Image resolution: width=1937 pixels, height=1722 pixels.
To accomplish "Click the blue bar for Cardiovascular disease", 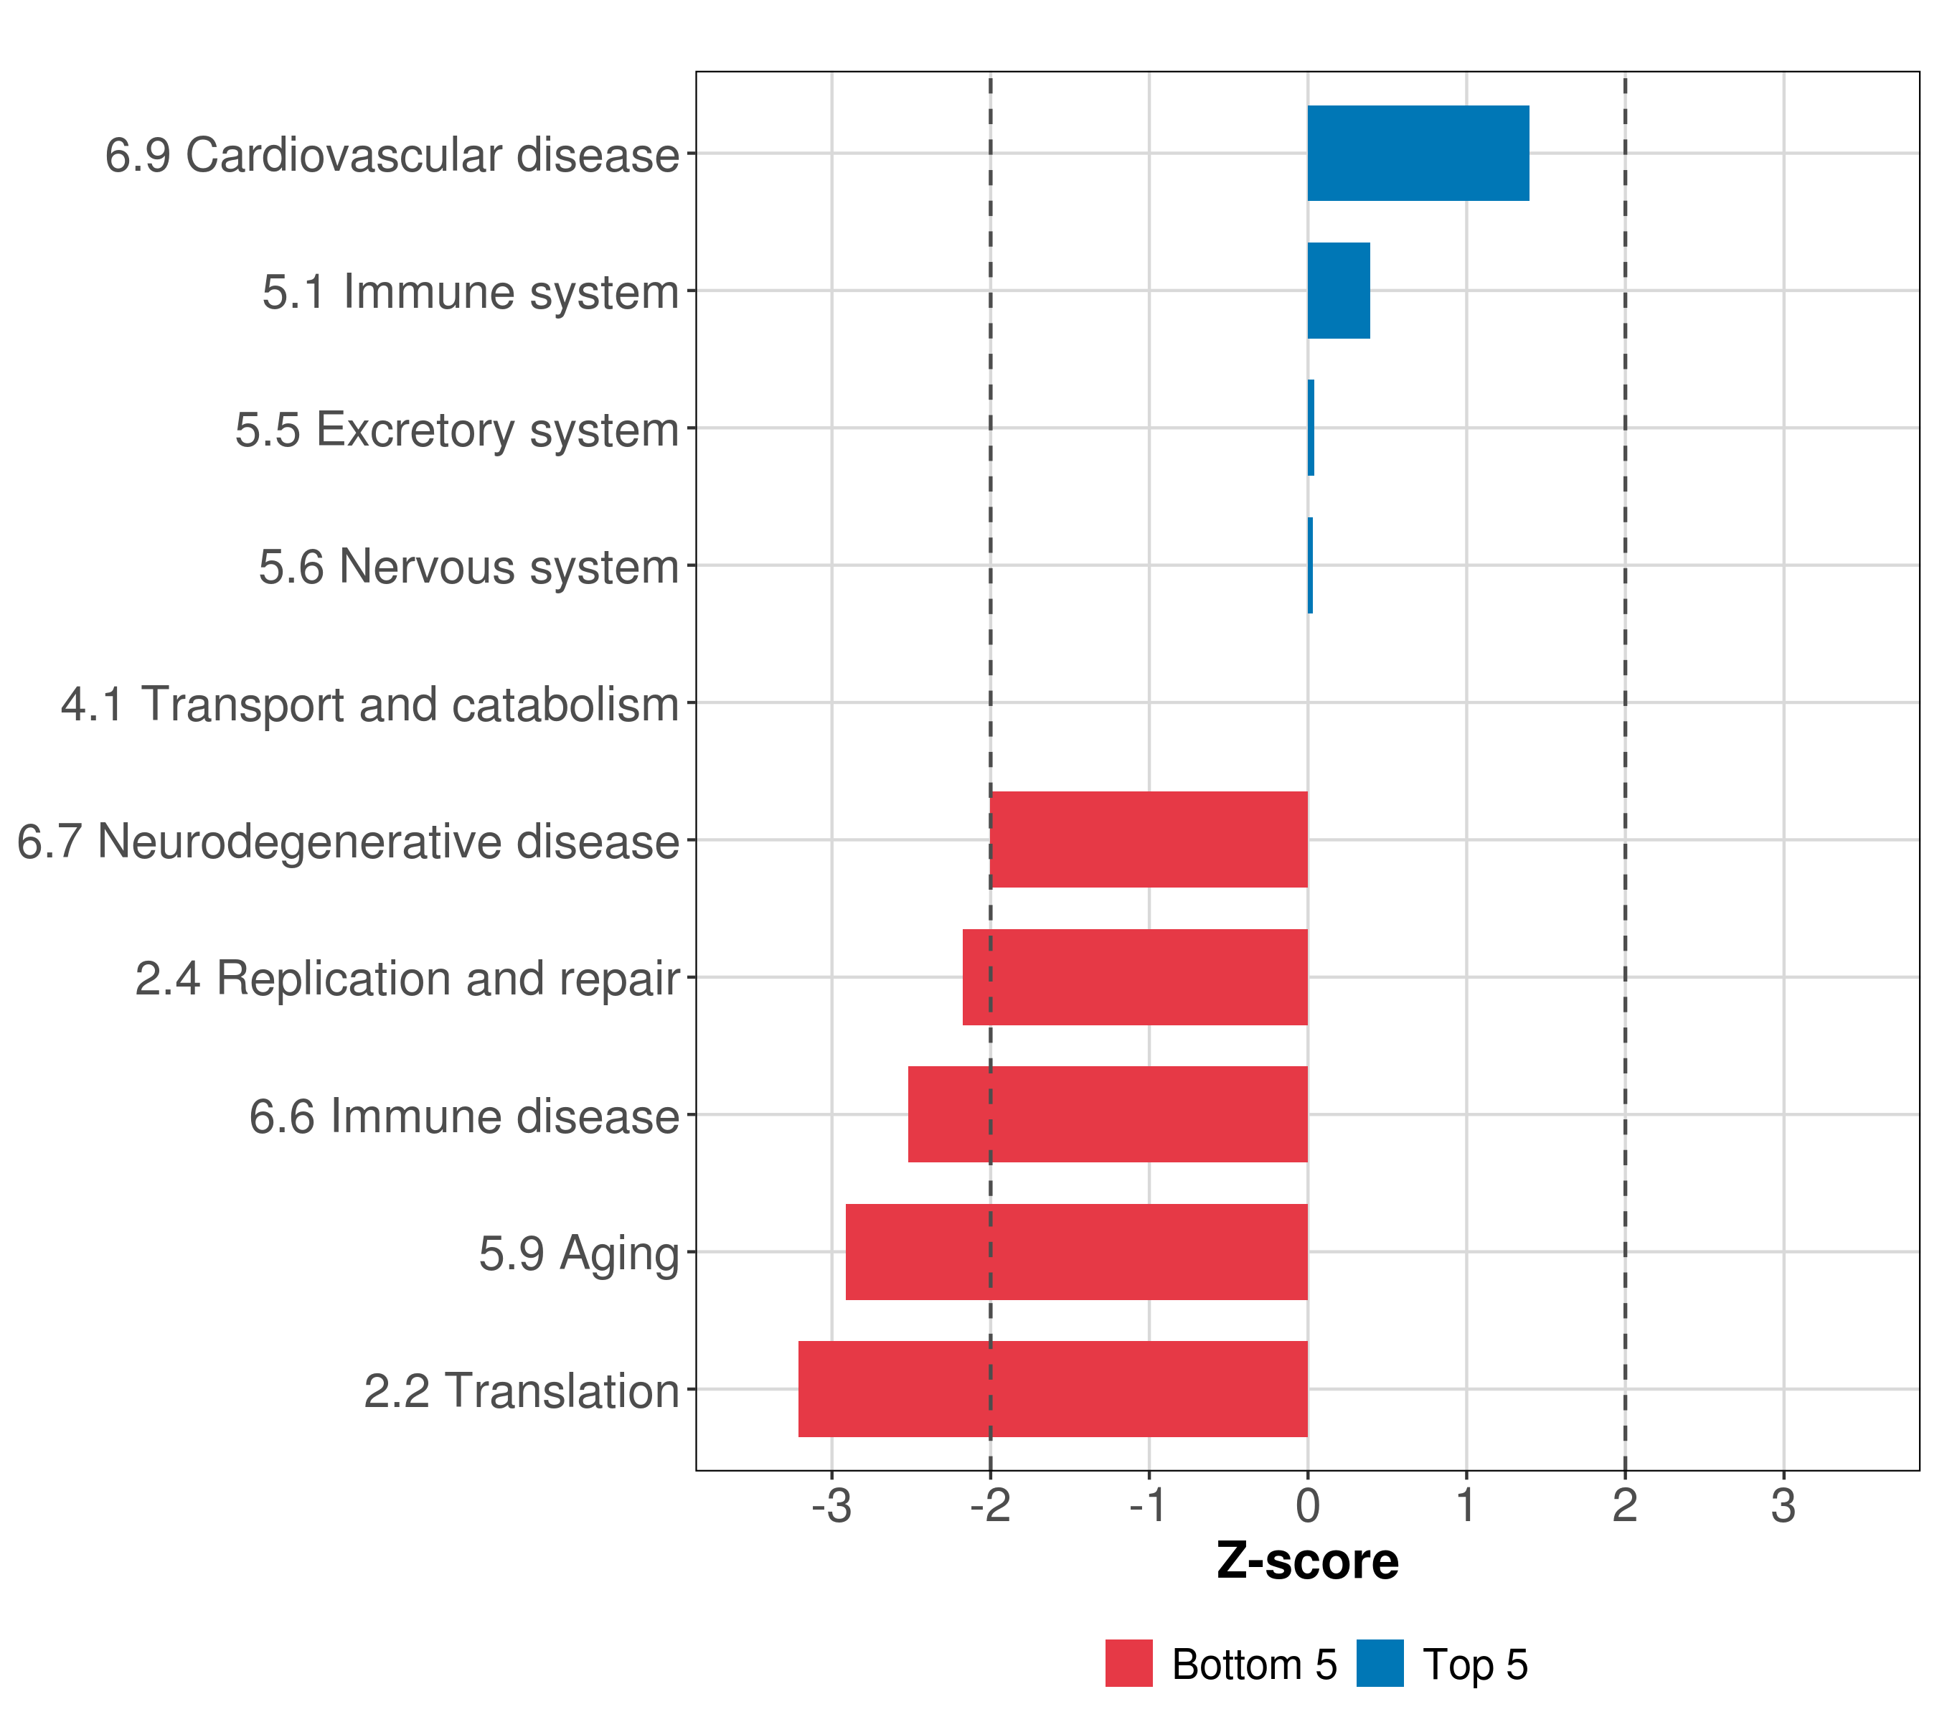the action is (x=1418, y=154).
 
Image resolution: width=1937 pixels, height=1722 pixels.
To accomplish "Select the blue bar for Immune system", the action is (x=1338, y=291).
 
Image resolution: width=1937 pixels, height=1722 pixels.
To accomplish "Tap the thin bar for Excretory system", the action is (x=1311, y=428).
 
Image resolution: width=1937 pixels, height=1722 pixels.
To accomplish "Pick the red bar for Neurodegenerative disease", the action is (x=1149, y=839).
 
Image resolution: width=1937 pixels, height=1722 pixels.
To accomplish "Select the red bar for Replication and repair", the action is (x=1135, y=977).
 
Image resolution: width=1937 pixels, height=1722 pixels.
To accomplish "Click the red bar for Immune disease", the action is (x=1108, y=1114).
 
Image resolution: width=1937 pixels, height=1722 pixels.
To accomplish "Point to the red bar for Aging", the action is (x=1077, y=1252).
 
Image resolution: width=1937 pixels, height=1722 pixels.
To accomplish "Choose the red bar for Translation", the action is (x=1053, y=1389).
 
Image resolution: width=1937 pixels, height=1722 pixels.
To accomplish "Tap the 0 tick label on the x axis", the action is (x=1308, y=1506).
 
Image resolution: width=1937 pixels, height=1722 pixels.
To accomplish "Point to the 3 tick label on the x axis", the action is (x=1783, y=1506).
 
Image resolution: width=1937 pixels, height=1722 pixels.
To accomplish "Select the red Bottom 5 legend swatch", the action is (x=1128, y=1663).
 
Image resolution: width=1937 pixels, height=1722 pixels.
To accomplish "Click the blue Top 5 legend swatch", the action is (x=1380, y=1663).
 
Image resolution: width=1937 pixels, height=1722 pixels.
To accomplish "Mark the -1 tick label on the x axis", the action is (x=1149, y=1506).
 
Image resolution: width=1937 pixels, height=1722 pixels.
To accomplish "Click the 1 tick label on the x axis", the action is (x=1466, y=1506).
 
